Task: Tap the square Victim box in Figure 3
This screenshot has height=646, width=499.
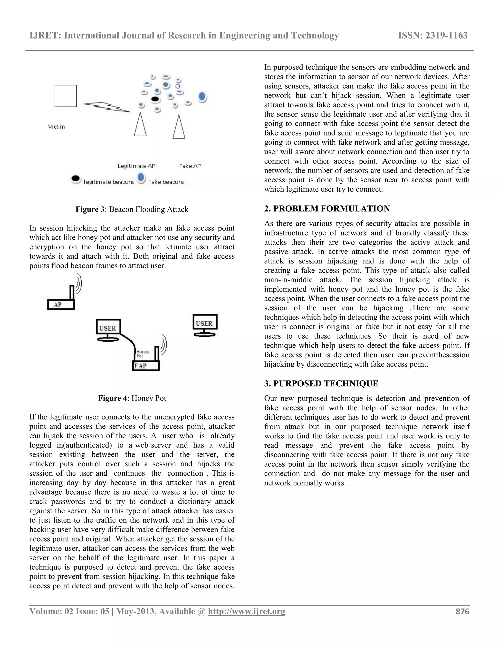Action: [x=66, y=96]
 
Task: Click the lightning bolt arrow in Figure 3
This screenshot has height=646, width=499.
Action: [x=107, y=107]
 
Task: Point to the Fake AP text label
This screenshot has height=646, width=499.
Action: [x=190, y=166]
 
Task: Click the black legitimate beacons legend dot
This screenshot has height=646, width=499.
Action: [x=76, y=179]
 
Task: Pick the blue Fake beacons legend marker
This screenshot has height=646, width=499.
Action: [x=142, y=178]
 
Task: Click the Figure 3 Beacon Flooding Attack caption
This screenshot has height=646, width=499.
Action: [x=132, y=209]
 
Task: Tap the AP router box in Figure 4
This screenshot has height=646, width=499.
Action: [x=61, y=305]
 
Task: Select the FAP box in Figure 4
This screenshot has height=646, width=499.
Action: [x=146, y=366]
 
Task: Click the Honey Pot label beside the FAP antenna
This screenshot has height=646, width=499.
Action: [x=143, y=353]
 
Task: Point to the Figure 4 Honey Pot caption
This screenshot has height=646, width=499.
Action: [x=132, y=398]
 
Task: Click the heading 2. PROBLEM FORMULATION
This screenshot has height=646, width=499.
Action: [x=327, y=209]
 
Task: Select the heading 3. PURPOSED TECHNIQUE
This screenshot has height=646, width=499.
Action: [x=321, y=384]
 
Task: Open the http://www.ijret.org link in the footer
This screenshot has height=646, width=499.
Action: [x=247, y=611]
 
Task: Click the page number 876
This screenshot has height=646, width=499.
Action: [x=462, y=611]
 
